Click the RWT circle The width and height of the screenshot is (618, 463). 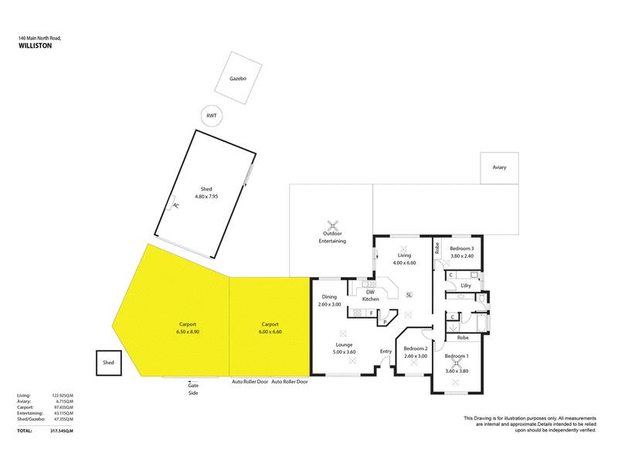tap(210, 116)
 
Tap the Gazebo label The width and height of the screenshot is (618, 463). tap(237, 78)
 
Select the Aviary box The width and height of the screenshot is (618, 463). tap(499, 167)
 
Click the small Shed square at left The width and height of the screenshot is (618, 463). tap(107, 363)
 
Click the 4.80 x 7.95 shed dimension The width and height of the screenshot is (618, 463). tap(207, 195)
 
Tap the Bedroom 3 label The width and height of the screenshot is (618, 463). tap(461, 248)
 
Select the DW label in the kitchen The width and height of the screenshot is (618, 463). tap(371, 292)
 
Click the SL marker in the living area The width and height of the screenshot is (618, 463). tap(409, 295)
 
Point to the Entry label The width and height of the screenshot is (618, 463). tap(385, 352)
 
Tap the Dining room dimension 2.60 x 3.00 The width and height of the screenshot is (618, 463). tap(330, 304)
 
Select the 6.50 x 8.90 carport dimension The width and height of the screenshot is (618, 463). tap(188, 331)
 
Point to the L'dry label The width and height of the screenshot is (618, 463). tap(465, 286)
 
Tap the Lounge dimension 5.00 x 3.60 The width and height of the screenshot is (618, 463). tap(344, 352)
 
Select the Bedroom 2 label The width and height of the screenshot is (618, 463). tap(416, 349)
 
